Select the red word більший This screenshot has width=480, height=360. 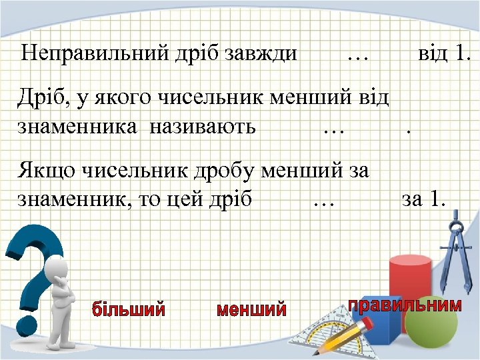(x=129, y=309)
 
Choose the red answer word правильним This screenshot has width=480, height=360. (x=405, y=305)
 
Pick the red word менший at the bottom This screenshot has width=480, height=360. (x=252, y=309)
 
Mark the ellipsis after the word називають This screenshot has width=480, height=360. (x=332, y=128)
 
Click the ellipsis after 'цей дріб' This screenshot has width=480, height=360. (x=323, y=201)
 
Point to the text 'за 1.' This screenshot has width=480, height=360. (x=423, y=199)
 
